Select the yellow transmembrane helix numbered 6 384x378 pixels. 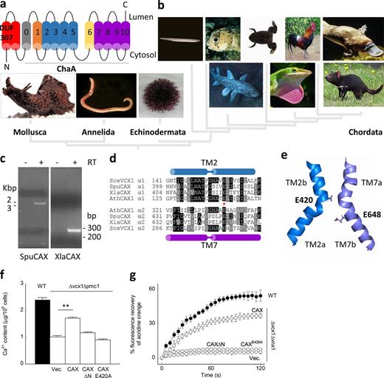point(91,32)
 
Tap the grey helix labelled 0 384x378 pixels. point(28,32)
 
